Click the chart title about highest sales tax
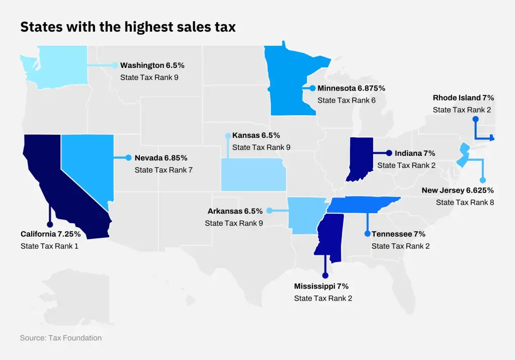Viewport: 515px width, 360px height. pos(128,27)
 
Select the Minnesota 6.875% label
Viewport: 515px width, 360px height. pos(351,88)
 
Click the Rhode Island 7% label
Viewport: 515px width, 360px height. pos(463,98)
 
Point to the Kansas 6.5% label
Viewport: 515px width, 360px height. pos(256,135)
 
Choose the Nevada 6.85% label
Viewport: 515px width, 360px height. pos(164,158)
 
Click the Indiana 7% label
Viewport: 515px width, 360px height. pos(415,153)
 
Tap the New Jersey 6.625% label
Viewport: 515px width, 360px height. pos(458,190)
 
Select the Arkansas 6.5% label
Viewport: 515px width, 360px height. pos(235,211)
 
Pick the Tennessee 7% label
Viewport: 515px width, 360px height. pos(398,234)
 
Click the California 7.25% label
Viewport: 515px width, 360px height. pos(50,234)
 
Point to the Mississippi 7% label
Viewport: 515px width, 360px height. pos(321,286)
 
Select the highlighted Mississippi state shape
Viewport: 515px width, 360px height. pos(329,236)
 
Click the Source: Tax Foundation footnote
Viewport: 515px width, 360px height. pos(60,338)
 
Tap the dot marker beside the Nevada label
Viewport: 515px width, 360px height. pos(128,158)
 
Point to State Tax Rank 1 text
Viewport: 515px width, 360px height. pos(49,246)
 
